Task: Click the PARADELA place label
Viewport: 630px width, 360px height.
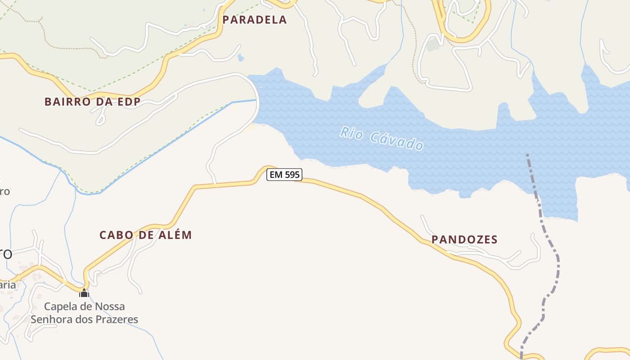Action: pos(254,20)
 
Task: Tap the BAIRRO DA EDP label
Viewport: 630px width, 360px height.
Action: pos(92,102)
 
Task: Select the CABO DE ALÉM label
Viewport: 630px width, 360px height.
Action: pos(145,235)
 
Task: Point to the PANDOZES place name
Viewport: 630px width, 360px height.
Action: pos(464,239)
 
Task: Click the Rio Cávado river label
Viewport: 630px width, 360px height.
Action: pos(382,139)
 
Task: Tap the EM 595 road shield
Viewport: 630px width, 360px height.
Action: pos(284,175)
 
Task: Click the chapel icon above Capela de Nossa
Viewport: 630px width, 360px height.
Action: pos(84,293)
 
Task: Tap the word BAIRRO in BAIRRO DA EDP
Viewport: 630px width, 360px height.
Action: pos(62,102)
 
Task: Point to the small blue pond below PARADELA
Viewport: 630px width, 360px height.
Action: pos(240,58)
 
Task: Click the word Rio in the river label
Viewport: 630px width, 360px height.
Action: pos(351,133)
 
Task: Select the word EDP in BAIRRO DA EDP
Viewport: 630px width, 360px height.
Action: pos(128,102)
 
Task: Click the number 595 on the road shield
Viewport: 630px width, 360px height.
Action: pos(292,175)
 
